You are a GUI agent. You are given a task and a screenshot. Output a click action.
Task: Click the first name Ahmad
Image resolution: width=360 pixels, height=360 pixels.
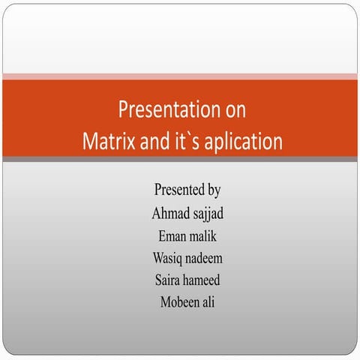(x=169, y=213)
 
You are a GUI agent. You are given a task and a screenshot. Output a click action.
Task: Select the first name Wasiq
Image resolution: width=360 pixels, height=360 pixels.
(x=168, y=259)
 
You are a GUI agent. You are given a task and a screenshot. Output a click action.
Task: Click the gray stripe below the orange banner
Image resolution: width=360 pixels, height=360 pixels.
(x=180, y=160)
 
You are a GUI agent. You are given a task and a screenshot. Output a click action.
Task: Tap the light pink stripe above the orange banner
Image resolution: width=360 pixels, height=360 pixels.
(x=180, y=76)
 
